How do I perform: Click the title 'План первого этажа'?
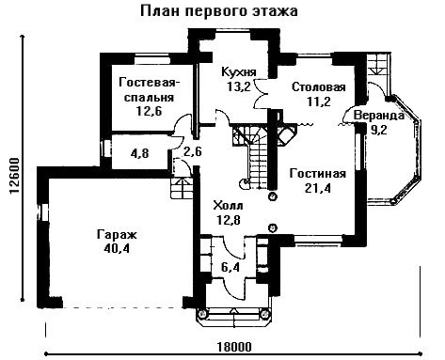(x=218, y=11)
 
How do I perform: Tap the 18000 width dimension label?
(x=234, y=347)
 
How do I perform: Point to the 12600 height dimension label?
(x=14, y=176)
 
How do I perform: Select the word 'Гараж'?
(x=117, y=235)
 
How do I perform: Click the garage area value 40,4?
(x=117, y=248)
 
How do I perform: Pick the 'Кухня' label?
(x=239, y=72)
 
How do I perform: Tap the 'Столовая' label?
(x=319, y=87)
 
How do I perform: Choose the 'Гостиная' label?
(x=318, y=173)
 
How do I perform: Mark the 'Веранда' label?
(x=379, y=116)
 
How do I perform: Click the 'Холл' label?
(x=229, y=206)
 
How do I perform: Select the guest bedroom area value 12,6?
(x=149, y=111)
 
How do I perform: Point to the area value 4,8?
(x=140, y=153)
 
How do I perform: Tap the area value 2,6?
(x=193, y=152)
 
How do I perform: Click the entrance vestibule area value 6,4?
(x=230, y=267)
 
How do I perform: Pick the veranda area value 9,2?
(x=379, y=130)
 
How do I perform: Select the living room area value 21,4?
(x=318, y=188)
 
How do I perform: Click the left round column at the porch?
(x=202, y=313)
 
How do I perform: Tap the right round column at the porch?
(x=265, y=313)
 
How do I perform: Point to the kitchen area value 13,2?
(x=239, y=86)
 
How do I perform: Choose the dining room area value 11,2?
(x=319, y=102)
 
